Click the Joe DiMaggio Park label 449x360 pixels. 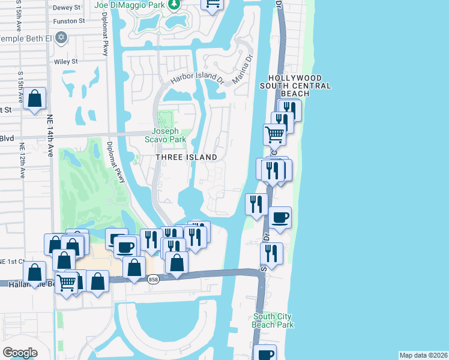pos(129,5)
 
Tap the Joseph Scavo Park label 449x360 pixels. pos(169,135)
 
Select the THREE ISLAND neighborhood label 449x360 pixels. pos(187,157)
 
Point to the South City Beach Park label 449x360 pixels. pos(274,320)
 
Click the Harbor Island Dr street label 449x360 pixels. pos(197,79)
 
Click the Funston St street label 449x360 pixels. pos(69,21)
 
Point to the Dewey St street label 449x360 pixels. pos(67,8)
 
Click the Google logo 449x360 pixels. pos(20,353)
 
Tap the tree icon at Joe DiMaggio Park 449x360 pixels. pos(174,5)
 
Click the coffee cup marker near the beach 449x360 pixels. pos(280,217)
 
